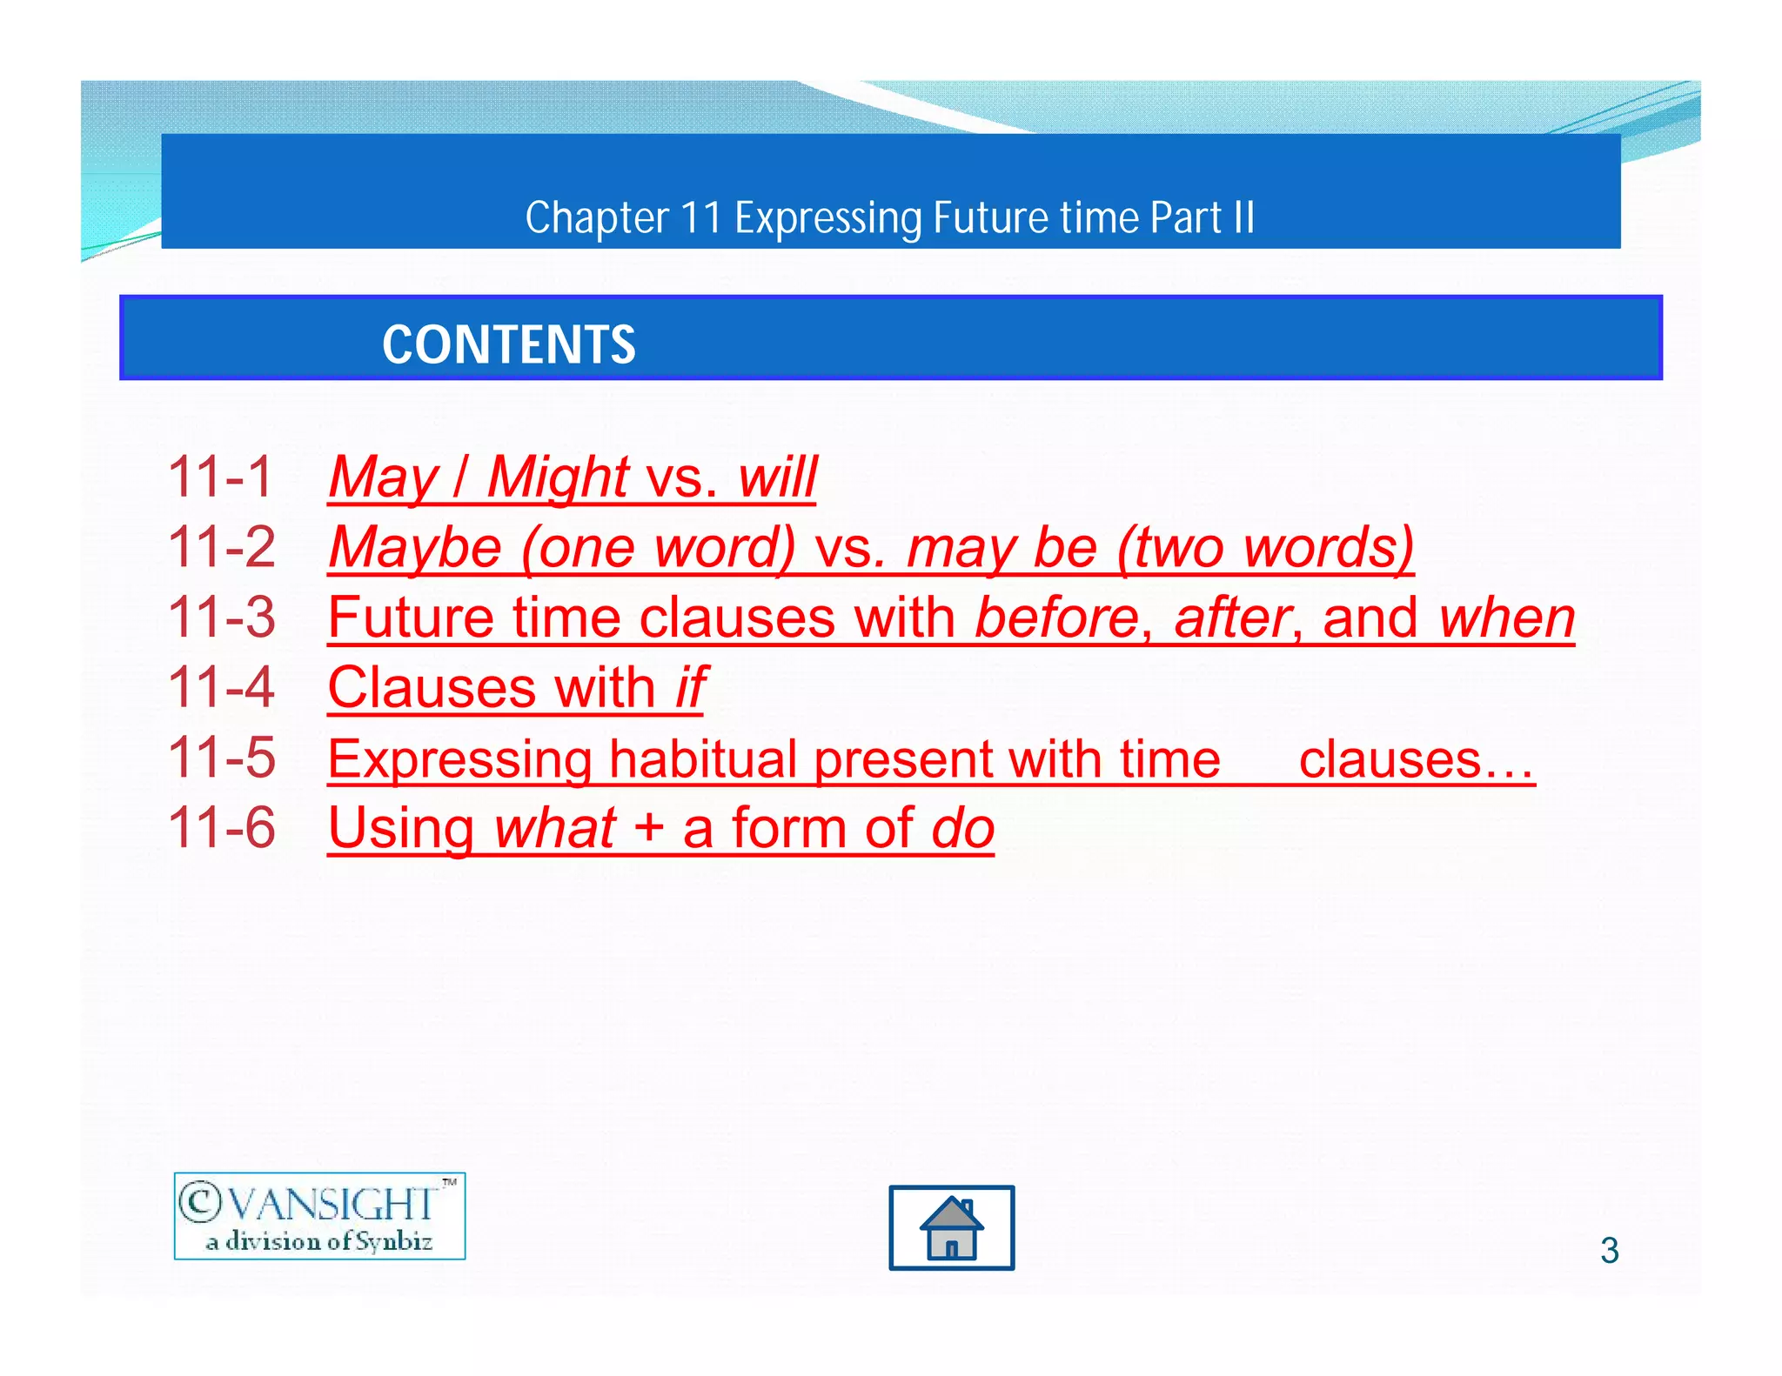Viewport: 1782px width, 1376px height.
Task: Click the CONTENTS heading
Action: [509, 344]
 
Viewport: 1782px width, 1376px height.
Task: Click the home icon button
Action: [951, 1227]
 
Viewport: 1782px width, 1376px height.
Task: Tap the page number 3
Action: [1609, 1250]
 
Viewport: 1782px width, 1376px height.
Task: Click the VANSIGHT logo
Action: [319, 1205]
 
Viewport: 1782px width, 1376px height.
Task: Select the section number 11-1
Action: [221, 477]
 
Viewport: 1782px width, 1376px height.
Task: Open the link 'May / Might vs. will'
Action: [573, 477]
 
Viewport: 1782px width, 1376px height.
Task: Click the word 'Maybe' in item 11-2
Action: [415, 548]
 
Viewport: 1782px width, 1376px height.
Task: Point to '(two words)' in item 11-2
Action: [1265, 548]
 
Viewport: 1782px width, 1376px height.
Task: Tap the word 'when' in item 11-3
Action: [1506, 618]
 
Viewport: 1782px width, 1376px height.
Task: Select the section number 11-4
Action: [221, 688]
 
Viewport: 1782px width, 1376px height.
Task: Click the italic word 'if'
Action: [691, 688]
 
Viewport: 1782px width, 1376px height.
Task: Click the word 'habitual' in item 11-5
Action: [703, 759]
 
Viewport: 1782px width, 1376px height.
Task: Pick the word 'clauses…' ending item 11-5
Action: [1416, 759]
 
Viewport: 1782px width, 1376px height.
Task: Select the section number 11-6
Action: [221, 827]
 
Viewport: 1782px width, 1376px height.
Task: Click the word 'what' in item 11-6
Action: [555, 829]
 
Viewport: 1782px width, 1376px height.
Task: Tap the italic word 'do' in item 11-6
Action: [962, 829]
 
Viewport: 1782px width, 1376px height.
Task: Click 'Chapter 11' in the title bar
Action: [623, 217]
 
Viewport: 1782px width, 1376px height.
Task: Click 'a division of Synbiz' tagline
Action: [319, 1241]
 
